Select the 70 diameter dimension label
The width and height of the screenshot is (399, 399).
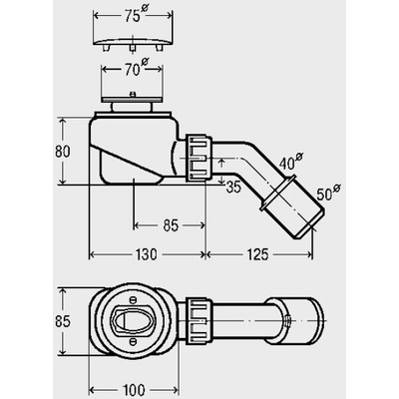[134, 69]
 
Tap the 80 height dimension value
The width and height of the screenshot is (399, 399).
[63, 152]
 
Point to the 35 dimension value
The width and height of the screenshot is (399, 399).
[233, 188]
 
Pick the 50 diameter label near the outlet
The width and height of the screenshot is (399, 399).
[328, 193]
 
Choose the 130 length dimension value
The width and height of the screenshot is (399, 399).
[146, 254]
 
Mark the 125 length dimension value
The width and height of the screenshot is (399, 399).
[257, 254]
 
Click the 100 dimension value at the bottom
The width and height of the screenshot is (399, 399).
[134, 390]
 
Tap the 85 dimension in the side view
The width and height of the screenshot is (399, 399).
[171, 225]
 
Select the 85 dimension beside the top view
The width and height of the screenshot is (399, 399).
[63, 322]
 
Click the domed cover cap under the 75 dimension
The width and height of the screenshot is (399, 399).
[134, 44]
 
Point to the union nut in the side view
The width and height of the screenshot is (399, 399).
[199, 158]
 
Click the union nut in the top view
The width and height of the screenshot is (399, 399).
[199, 321]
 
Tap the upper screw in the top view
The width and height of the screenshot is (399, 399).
[133, 299]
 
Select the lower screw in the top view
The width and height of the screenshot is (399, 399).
[133, 341]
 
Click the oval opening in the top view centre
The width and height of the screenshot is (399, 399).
[133, 320]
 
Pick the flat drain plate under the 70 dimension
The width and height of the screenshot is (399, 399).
[133, 99]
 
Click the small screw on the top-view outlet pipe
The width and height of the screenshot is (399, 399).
[288, 321]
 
